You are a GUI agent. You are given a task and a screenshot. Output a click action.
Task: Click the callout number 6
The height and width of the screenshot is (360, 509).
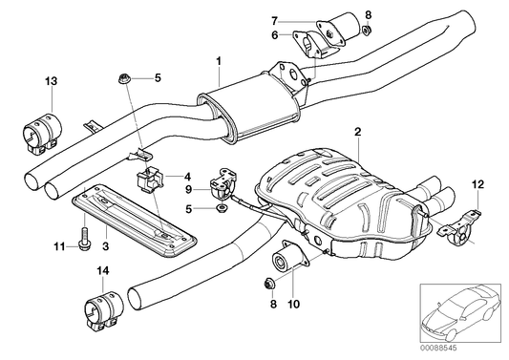pos(274,35)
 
